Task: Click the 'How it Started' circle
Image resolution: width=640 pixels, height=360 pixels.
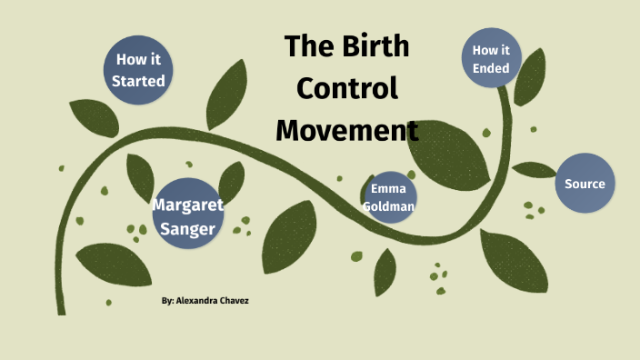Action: tap(139, 70)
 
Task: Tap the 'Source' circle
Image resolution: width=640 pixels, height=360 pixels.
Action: tap(585, 184)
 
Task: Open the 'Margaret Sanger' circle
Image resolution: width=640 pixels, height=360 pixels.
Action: tap(187, 215)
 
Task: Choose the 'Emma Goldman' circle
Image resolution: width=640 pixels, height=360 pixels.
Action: tap(388, 197)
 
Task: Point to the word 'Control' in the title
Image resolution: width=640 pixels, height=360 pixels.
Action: tap(348, 88)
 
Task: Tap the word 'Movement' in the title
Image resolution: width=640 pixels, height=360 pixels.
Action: tap(347, 130)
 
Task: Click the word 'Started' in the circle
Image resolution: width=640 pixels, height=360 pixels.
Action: tap(139, 81)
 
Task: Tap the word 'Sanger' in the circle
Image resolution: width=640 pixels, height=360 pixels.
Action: tap(187, 228)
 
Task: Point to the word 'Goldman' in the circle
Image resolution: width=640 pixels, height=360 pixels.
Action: tap(388, 206)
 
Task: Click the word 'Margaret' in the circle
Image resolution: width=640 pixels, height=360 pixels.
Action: tap(187, 204)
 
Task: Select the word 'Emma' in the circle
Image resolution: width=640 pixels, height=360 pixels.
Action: tap(388, 188)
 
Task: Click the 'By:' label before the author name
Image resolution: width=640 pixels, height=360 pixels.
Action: tap(167, 300)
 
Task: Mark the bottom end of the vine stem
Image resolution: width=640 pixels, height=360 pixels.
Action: tap(62, 312)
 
